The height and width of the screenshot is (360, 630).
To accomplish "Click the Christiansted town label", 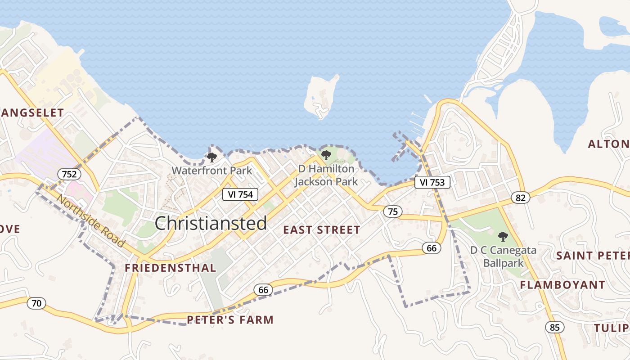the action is [x=211, y=223].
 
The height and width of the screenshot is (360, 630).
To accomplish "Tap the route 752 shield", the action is [x=69, y=174].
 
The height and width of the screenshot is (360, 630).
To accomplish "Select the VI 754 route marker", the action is [x=240, y=194].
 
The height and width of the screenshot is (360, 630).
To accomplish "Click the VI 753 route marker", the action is [x=432, y=182].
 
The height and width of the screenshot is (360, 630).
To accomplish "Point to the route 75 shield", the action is [x=393, y=211].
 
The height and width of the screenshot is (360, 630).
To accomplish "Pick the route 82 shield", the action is [x=521, y=197].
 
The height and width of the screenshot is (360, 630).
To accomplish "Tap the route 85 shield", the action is [x=555, y=327].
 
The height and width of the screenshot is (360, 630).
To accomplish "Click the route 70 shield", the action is [x=36, y=303].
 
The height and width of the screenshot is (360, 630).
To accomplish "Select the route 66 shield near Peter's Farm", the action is [x=263, y=290].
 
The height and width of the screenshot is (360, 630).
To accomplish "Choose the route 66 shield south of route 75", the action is [x=432, y=247].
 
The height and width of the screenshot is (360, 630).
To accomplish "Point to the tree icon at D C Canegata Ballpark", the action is [x=503, y=237].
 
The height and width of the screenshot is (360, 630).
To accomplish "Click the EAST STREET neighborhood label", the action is [x=321, y=230].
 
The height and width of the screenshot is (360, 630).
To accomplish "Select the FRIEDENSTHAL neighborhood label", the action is [x=170, y=268].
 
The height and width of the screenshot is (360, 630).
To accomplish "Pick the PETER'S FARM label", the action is [x=230, y=320].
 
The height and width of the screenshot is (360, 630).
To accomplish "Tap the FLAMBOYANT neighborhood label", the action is [x=562, y=285].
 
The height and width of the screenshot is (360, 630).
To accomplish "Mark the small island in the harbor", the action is [x=320, y=96].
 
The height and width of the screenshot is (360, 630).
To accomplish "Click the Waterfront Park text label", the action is [x=212, y=171].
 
